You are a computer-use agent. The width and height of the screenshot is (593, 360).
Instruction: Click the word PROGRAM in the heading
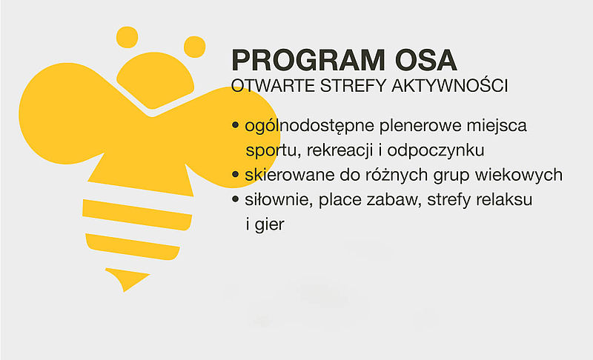point(308,60)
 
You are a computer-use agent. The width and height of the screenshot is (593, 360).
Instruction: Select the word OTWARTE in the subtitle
point(273,86)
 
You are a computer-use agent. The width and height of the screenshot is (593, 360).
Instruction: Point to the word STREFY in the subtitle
point(354,86)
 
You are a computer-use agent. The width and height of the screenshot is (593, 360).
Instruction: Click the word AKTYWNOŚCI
point(450,85)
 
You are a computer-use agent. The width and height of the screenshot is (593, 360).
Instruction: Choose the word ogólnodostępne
point(309,126)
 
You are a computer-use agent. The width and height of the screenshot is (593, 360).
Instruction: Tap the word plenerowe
point(420,126)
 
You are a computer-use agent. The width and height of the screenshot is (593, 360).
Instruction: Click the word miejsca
point(497,126)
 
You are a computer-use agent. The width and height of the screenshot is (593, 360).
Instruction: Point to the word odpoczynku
point(436,150)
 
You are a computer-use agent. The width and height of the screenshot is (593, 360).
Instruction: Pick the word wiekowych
point(518,176)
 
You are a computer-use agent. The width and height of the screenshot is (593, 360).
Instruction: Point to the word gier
point(269,224)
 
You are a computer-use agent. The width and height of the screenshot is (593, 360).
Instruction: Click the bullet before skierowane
point(235,175)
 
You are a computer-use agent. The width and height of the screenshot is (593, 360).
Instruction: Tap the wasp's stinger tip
point(124,291)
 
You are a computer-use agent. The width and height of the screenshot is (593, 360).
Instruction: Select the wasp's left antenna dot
point(127,37)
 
